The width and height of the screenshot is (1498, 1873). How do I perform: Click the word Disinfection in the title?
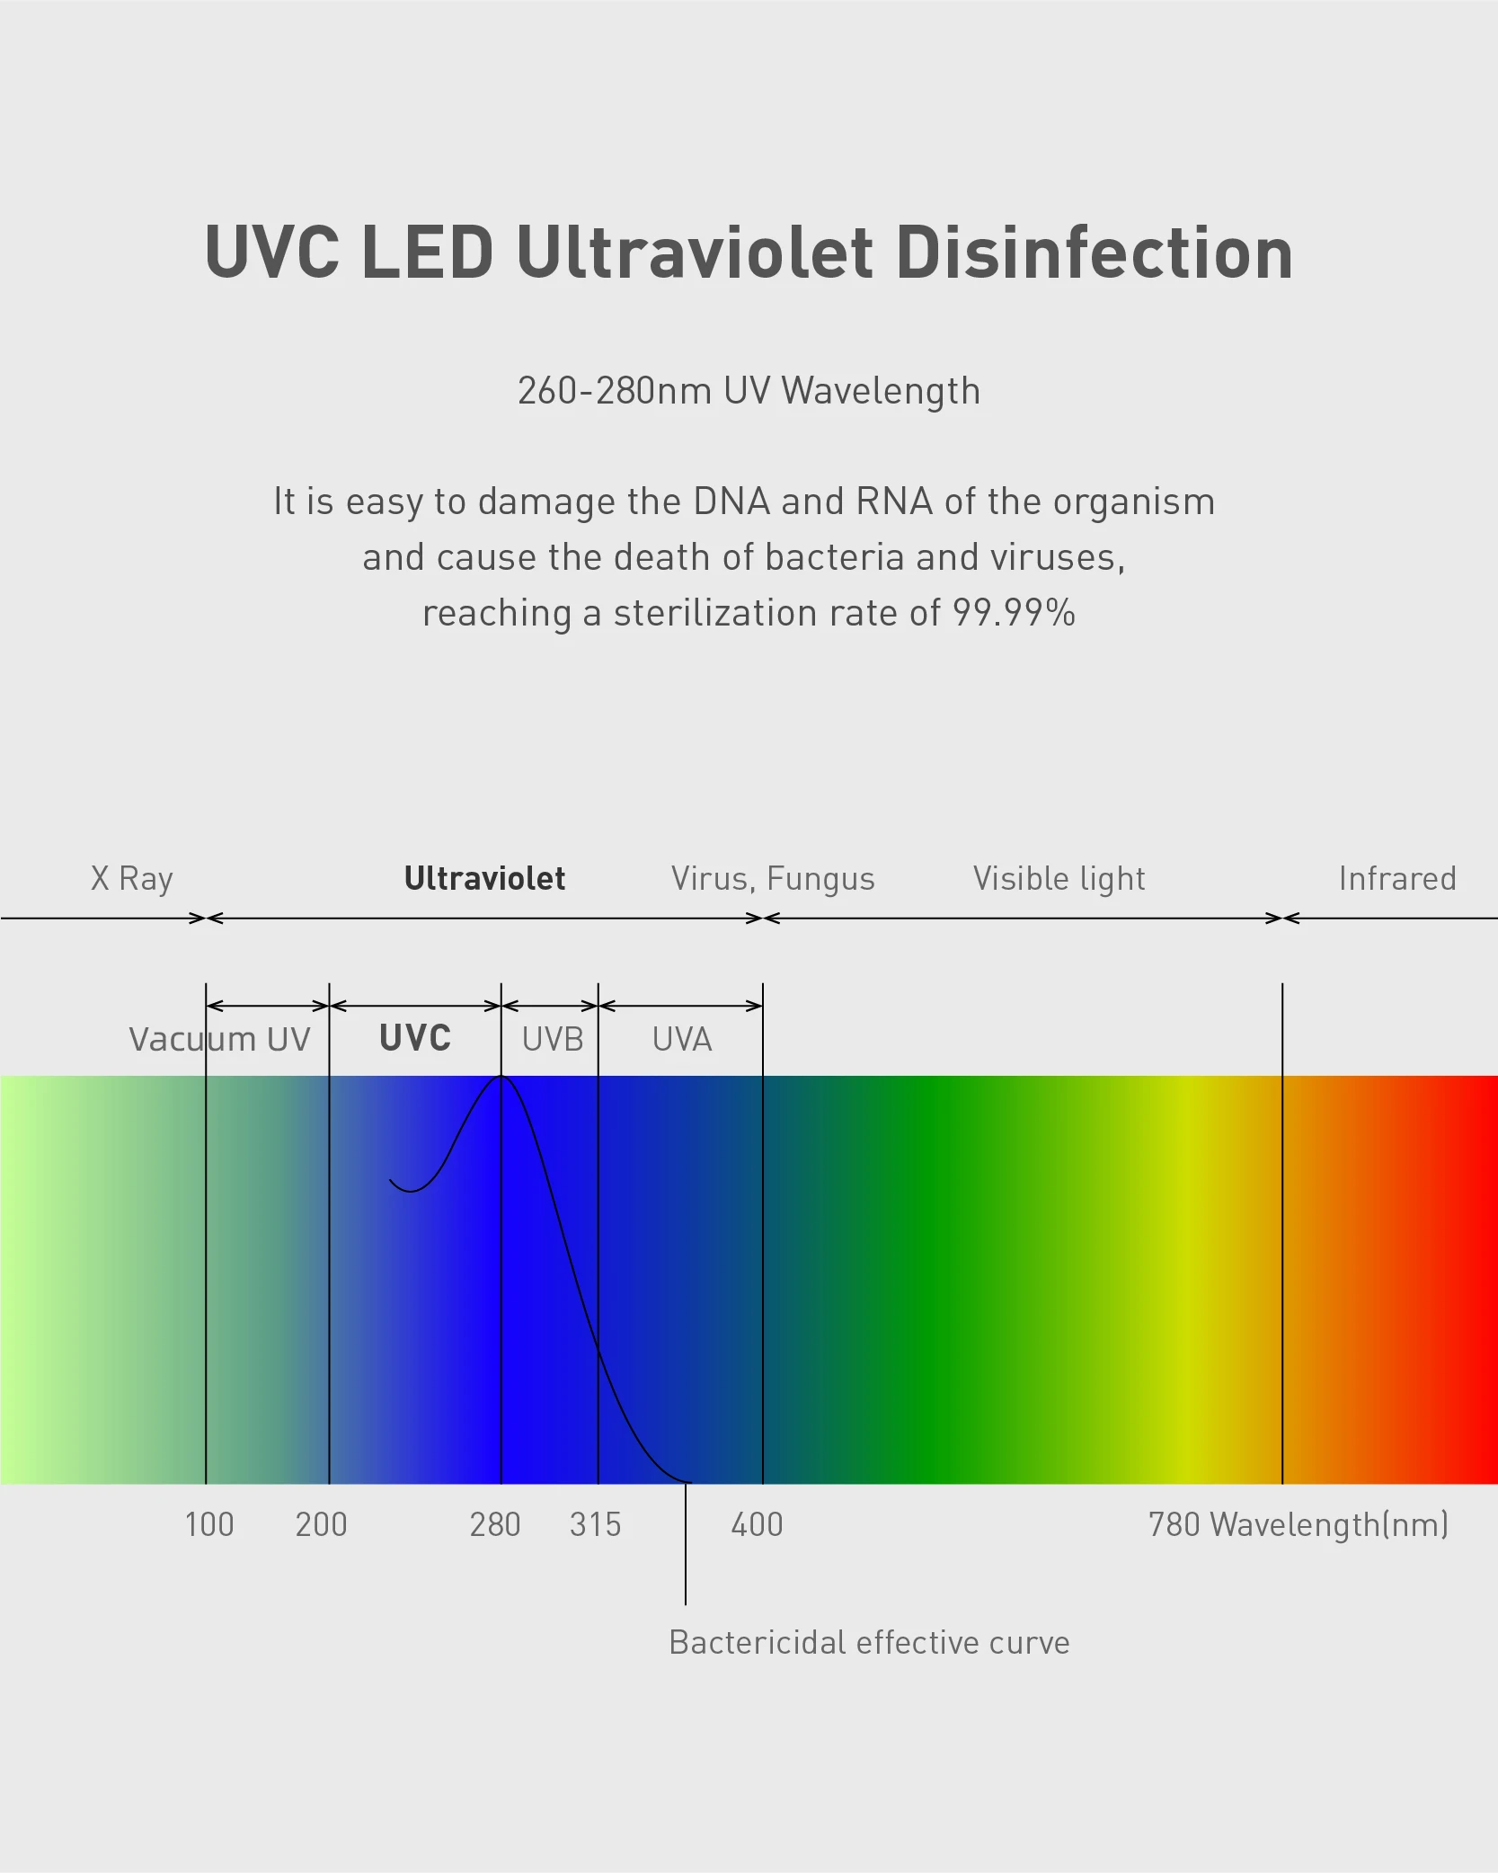coord(1094,253)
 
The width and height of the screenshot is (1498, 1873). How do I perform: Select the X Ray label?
coord(131,878)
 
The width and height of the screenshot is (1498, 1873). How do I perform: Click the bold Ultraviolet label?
coord(484,878)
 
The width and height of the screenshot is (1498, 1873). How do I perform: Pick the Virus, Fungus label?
coord(773,878)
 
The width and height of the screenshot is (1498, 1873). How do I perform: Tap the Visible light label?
coord(1059,878)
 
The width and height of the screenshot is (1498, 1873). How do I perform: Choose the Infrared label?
coord(1396,878)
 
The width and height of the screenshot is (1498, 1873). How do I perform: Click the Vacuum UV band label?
coord(219,1039)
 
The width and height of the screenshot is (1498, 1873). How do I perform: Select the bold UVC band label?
coord(415,1038)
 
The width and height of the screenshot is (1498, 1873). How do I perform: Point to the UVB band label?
coord(553,1039)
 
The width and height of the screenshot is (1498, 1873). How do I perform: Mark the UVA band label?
coord(682,1039)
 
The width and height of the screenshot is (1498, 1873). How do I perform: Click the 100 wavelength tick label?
coord(209,1524)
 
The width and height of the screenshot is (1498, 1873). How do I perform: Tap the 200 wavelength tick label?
coord(321,1524)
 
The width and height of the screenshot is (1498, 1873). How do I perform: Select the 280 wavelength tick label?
coord(495,1524)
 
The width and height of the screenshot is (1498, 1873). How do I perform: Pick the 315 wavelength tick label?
coord(595,1524)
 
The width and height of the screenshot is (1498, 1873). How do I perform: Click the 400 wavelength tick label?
coord(757,1524)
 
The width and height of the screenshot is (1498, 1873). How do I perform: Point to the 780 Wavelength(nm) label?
coord(1298,1524)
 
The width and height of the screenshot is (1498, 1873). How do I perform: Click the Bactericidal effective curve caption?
coord(869,1642)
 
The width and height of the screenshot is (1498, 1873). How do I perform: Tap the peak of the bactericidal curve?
coord(501,1077)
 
